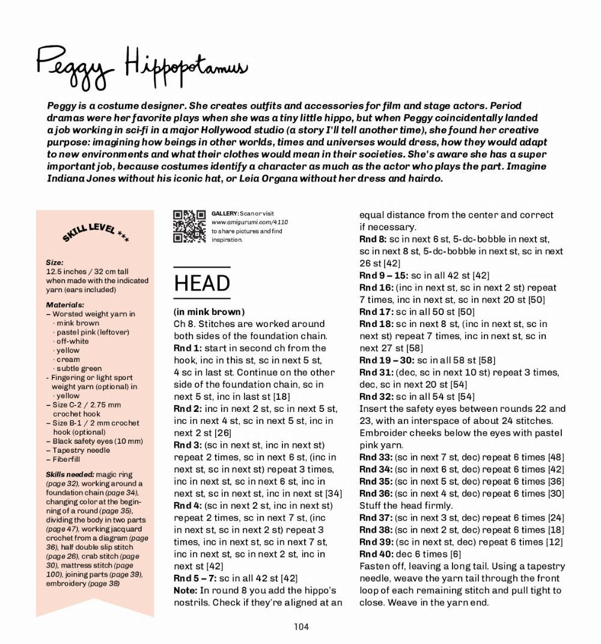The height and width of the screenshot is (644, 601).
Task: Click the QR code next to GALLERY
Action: [x=189, y=226]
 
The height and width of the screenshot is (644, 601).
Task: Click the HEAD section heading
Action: [x=202, y=283]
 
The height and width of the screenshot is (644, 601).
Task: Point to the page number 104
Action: [x=301, y=627]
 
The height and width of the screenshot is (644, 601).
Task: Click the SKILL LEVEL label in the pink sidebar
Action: [x=96, y=233]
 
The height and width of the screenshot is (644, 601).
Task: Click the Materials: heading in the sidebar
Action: [x=65, y=305]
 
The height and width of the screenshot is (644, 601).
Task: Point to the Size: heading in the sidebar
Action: [x=55, y=263]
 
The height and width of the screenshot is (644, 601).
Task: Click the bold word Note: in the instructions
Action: [x=185, y=590]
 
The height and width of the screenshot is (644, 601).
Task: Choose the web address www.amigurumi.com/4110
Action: [x=249, y=222]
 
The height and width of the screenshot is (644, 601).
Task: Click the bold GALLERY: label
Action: [x=225, y=213]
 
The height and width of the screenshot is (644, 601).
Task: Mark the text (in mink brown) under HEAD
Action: [x=209, y=311]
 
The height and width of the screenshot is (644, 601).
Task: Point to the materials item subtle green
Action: [x=79, y=369]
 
